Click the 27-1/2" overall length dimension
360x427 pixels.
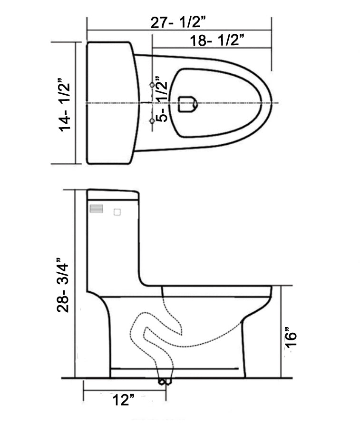tap(178, 23)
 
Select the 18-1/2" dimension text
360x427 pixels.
tap(217, 41)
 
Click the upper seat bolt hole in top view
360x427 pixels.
tap(152, 84)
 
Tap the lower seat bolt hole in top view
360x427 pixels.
tap(152, 121)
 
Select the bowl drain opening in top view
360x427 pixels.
tap(187, 104)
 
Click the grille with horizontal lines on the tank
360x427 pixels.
tap(97, 209)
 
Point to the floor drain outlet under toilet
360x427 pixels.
tap(164, 381)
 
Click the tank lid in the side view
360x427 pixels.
tap(113, 194)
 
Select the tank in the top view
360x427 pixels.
tap(110, 103)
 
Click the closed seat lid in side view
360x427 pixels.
tap(216, 291)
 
